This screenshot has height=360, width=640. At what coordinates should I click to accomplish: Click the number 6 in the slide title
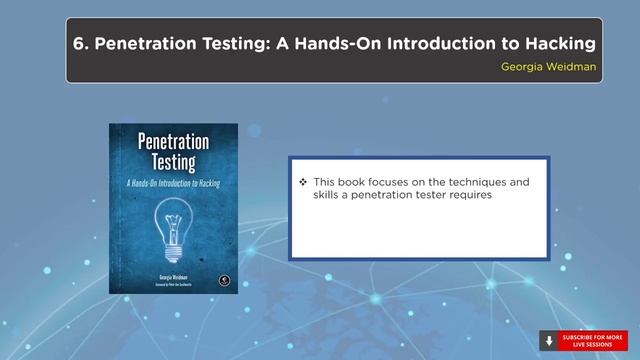pos(79,44)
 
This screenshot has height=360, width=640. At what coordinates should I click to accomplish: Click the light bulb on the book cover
pos(173,220)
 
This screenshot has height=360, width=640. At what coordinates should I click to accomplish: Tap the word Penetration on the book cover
pos(173,143)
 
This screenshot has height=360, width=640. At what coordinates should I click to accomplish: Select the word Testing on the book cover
pos(173,164)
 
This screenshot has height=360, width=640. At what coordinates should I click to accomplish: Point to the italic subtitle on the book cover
pos(173,184)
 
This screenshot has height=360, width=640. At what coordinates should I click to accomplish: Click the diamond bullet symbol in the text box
pos(303,183)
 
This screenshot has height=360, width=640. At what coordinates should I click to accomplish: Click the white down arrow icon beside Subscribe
pos(549,340)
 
